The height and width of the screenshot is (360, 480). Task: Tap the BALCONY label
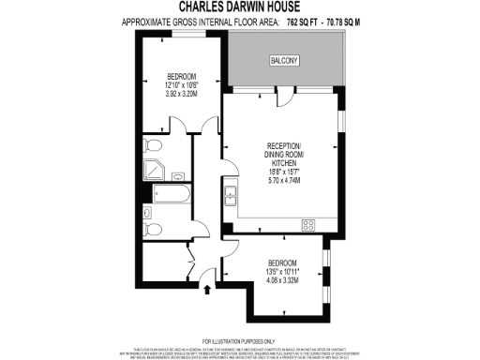285,61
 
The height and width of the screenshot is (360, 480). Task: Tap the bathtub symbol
169,197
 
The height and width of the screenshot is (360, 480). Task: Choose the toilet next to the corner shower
153,145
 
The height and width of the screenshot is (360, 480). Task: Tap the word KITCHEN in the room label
283,164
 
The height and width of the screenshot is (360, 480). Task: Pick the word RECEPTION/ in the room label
283,147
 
